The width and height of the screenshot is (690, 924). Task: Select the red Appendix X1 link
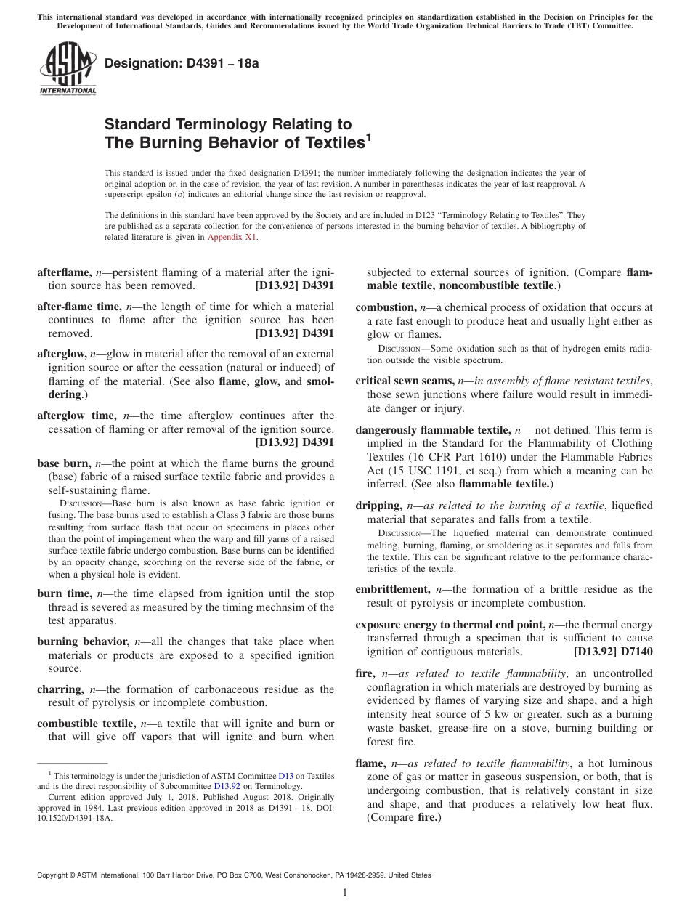232,237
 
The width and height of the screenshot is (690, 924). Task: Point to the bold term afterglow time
76,416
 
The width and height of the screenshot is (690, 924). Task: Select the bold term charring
60,689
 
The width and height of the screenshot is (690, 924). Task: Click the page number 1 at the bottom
345,893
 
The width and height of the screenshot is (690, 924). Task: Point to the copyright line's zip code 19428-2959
368,875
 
